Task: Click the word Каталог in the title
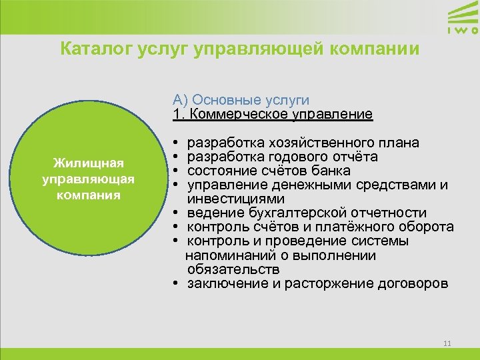pyautogui.click(x=90, y=49)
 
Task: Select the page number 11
pyautogui.click(x=447, y=343)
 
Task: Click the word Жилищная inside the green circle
pyautogui.click(x=88, y=163)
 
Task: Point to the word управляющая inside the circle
pyautogui.click(x=88, y=179)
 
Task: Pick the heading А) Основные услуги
pyautogui.click(x=241, y=100)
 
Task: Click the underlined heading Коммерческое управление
pyautogui.click(x=281, y=114)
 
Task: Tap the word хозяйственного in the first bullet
pyautogui.click(x=315, y=143)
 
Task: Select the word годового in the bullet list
pyautogui.click(x=293, y=157)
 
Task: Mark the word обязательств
pyautogui.click(x=233, y=269)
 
